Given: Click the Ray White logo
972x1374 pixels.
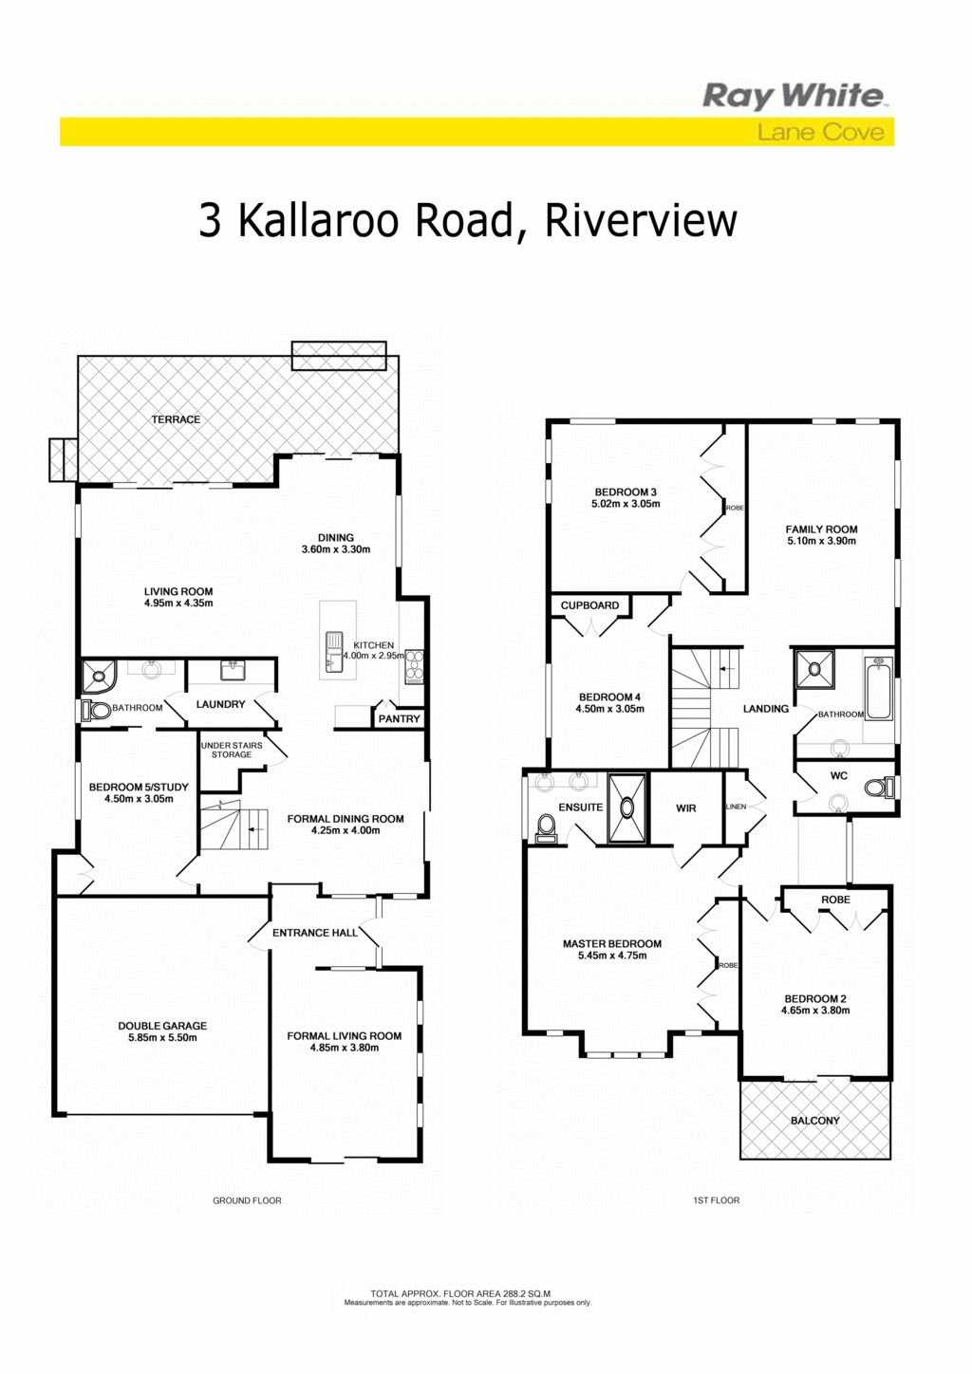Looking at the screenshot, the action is (x=793, y=97).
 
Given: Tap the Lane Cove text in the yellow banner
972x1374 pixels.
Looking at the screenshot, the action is (x=821, y=132).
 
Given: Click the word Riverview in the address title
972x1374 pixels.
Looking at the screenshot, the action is (x=641, y=221).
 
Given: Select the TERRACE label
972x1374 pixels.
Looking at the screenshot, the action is (x=177, y=419).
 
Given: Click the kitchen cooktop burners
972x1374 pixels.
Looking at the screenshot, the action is (x=415, y=666).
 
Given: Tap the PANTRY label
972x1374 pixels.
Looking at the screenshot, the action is (x=400, y=719).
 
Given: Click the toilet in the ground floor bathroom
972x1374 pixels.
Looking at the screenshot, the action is (x=95, y=711).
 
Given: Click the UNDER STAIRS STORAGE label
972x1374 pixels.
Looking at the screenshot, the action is (x=232, y=750).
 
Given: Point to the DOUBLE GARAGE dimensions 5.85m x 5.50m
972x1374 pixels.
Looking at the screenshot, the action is (x=162, y=1038).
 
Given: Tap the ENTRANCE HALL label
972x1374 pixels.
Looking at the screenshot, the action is (x=315, y=933).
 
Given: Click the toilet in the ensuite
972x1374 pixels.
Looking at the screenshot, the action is (x=545, y=829).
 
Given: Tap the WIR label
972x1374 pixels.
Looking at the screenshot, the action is (x=686, y=808).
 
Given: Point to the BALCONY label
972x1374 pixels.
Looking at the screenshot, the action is (x=815, y=1121).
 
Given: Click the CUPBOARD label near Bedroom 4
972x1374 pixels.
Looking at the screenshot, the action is (x=589, y=605).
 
